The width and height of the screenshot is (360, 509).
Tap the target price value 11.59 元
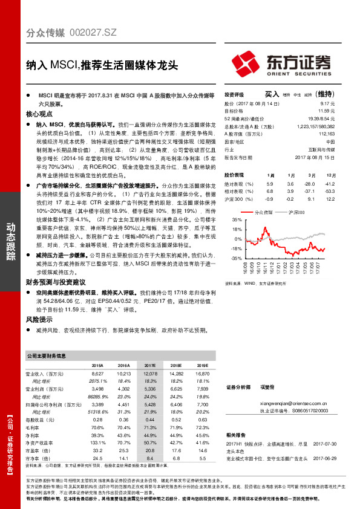click(x=326, y=111)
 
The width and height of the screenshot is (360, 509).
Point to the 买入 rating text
click(x=272, y=94)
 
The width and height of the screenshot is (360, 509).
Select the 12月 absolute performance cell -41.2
click(x=330, y=183)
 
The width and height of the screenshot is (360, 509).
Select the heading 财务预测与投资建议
click(x=55, y=282)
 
